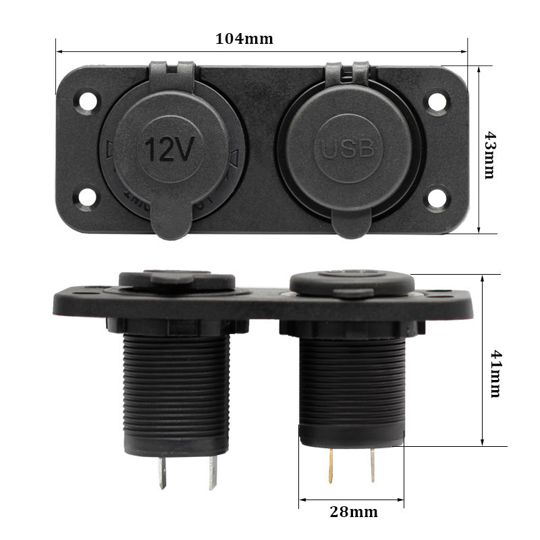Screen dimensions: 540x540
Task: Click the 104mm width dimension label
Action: (x=244, y=38)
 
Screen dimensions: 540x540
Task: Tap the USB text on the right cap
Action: (x=347, y=148)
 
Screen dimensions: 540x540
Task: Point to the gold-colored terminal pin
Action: (x=331, y=466)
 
